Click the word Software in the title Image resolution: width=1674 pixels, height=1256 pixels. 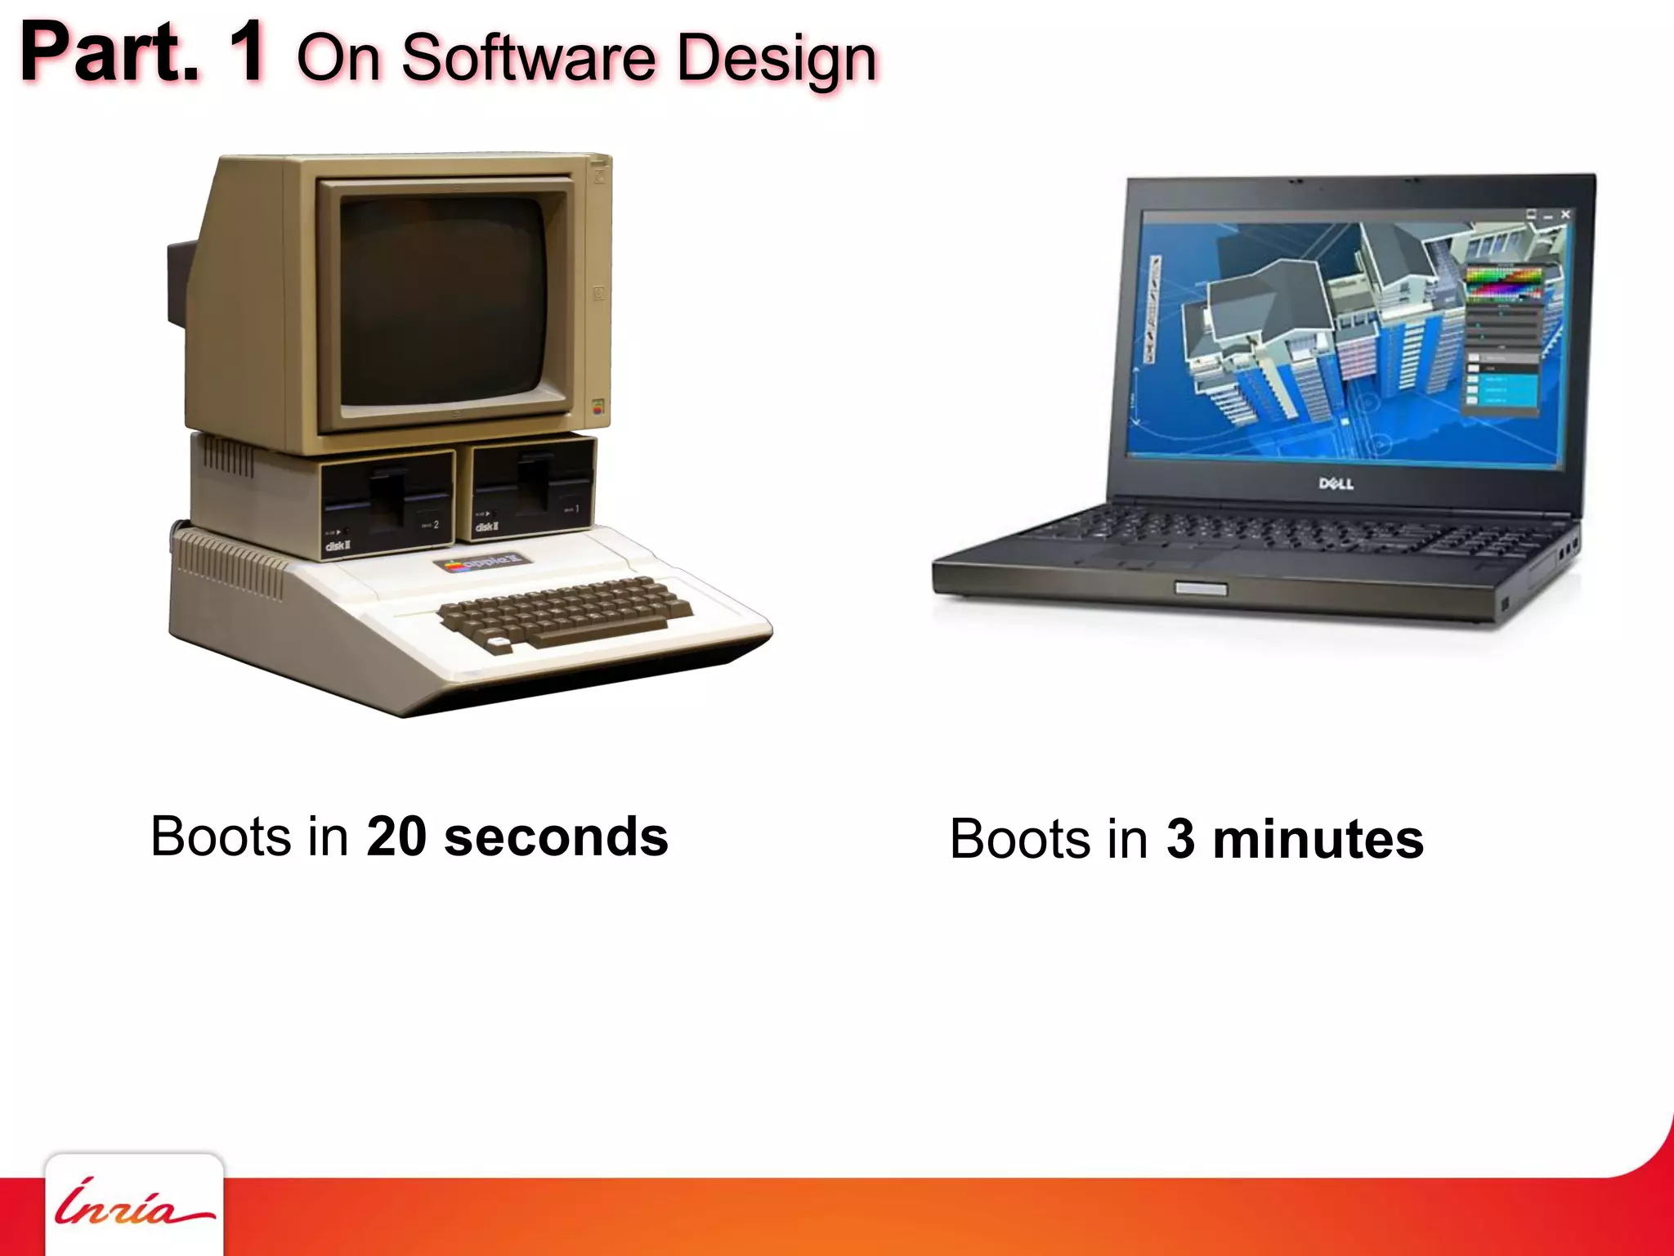[x=528, y=59]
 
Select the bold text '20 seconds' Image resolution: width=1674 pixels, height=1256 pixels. [x=517, y=837]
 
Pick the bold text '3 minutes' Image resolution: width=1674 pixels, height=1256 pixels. [x=1295, y=839]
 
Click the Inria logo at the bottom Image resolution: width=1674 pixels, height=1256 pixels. [x=133, y=1204]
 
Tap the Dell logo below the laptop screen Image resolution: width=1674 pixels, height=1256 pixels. [x=1336, y=483]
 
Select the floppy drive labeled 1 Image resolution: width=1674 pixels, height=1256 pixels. [x=533, y=488]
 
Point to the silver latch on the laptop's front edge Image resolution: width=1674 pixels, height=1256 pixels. [x=1201, y=588]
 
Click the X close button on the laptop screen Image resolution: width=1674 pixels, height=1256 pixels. [x=1565, y=214]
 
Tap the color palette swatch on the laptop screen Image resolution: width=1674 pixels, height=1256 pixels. [x=1502, y=283]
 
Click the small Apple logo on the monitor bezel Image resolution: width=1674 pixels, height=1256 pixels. [x=598, y=408]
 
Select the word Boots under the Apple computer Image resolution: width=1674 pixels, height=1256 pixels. [x=221, y=837]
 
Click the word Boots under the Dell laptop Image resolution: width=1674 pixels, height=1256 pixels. [x=1019, y=839]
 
